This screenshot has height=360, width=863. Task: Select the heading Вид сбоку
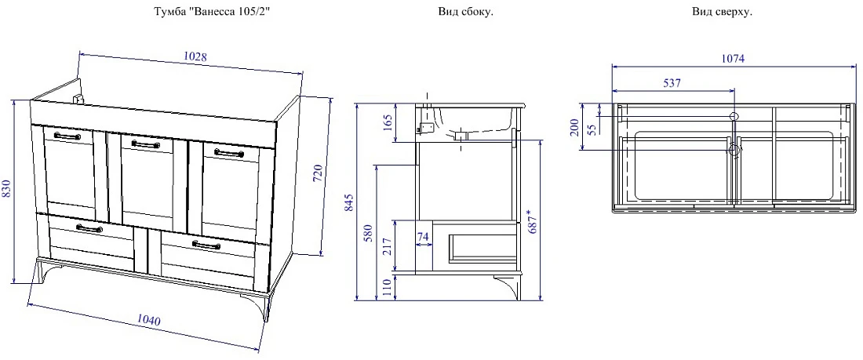465,12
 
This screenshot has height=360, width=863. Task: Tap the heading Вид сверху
722,12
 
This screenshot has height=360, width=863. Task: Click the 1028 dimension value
195,56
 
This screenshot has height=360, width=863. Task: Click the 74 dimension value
423,237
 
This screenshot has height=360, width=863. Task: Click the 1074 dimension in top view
733,59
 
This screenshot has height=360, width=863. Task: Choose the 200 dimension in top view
574,126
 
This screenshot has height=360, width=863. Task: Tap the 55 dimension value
592,130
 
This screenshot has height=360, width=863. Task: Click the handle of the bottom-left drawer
89,228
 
